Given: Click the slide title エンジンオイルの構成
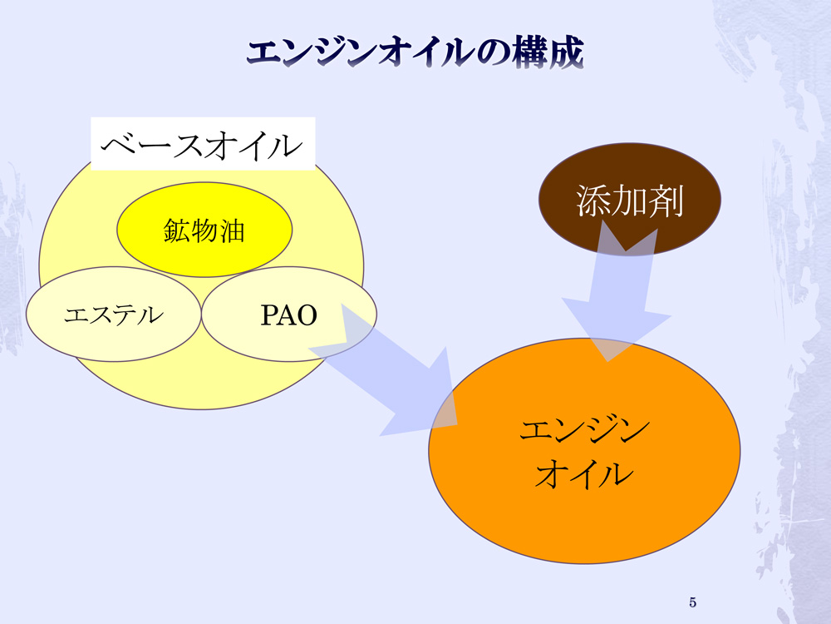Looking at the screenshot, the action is coord(415,52).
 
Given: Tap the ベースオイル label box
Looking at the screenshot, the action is coord(203,144).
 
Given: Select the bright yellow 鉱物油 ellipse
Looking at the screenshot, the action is coord(204,230).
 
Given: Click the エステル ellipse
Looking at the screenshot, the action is coord(113,314).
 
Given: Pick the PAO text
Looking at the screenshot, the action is coord(289,315).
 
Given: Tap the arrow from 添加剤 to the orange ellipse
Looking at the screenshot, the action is coord(617,292).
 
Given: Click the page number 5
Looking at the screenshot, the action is coord(693,602).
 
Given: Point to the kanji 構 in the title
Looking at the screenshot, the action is coord(530,52).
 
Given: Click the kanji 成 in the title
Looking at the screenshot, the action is coord(567,52).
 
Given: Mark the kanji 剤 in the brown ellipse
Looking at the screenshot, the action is coord(666,201).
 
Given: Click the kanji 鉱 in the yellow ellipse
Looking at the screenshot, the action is coord(177,230).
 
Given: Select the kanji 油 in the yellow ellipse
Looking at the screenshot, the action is coord(232,230).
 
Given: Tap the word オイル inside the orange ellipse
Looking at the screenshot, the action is coord(584,473).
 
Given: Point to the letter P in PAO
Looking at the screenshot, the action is coord(269,315).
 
